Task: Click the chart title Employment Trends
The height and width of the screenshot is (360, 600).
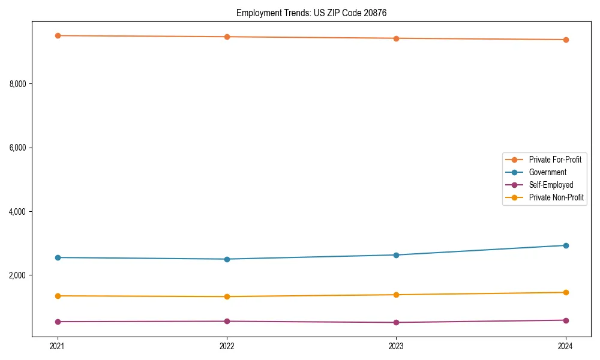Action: coord(316,13)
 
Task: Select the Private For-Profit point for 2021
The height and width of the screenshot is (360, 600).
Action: coord(58,35)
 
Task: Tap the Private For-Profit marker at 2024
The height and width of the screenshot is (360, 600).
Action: coord(566,40)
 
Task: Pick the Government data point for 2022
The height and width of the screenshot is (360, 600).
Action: coord(227,259)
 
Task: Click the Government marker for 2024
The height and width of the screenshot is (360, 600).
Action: coord(566,245)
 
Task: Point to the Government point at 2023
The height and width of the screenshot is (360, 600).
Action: coord(396,255)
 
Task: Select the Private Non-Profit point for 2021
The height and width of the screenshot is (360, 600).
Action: coord(58,296)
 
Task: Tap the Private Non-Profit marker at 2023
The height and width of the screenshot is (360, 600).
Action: coord(396,295)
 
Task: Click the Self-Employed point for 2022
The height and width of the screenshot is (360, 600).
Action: coord(227,321)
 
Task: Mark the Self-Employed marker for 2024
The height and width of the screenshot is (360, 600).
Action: coord(566,320)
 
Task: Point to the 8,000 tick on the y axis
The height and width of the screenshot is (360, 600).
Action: coord(18,84)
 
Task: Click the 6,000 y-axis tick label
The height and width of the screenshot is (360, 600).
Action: coord(18,148)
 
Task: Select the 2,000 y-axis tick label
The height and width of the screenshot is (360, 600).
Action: coord(18,275)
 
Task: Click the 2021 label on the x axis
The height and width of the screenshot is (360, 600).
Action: coord(58,346)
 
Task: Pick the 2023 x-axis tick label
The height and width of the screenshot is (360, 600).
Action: coord(396,346)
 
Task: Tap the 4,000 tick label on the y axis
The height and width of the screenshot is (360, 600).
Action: coord(18,212)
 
